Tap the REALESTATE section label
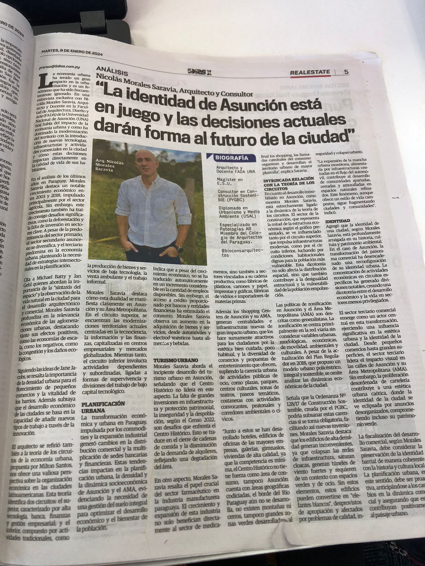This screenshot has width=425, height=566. tap(310, 72)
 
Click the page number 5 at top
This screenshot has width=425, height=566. tap(346, 72)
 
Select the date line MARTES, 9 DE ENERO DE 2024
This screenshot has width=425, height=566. tap(72, 52)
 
